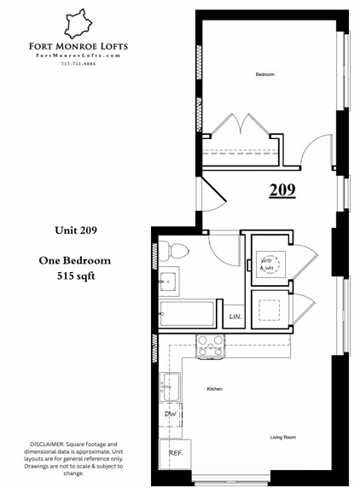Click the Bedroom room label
point(264,75)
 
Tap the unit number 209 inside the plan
point(282,189)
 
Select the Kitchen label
point(214,389)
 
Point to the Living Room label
point(282,438)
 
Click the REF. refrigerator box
point(175,454)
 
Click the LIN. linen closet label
point(235,317)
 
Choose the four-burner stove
point(210,345)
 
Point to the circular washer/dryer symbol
point(267,264)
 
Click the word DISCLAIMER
point(48,446)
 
